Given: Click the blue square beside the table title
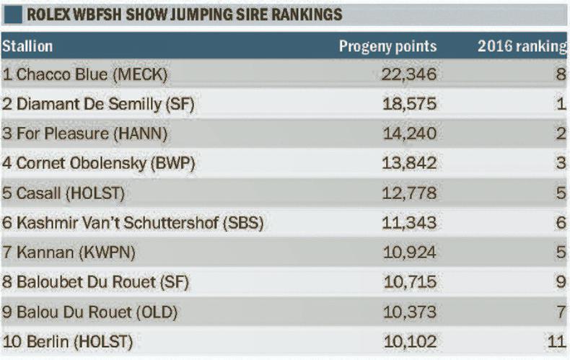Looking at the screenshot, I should tap(12, 14).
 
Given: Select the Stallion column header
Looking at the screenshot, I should tap(27, 47).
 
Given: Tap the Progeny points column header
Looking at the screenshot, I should tap(388, 47).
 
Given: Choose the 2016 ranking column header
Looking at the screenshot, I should tap(522, 47).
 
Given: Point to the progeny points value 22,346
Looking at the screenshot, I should tap(408, 74).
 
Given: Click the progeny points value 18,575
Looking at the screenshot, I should tap(408, 104).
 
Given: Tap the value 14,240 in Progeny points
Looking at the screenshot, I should tap(408, 133).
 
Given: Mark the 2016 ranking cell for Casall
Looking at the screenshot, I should tap(561, 193).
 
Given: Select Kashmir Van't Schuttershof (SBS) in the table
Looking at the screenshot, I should tap(133, 223).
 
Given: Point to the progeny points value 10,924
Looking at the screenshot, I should tap(408, 253).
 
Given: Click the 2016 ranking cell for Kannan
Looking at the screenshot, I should tap(561, 253).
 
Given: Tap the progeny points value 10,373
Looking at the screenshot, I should tap(408, 312).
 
